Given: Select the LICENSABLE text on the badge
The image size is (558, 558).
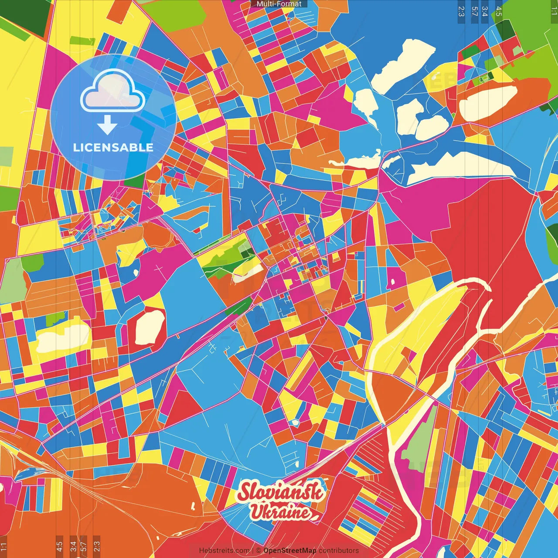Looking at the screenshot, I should pos(113,147).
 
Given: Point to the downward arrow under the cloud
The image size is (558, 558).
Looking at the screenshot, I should pos(107,125).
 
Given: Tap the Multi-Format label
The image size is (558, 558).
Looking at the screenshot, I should pos(279,4).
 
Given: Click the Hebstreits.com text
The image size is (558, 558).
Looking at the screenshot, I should pos(224,551).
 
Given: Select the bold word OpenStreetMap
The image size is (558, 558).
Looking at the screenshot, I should pos(290,551).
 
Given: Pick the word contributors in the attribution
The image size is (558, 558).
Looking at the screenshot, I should pos(339,551).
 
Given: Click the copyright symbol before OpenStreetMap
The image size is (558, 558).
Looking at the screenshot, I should pos(258,551).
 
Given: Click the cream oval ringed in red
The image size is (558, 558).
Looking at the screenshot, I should pos(150,327).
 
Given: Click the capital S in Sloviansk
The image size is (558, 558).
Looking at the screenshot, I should pos(245,492).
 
